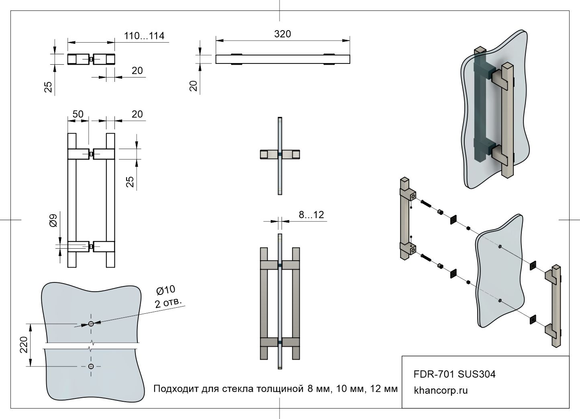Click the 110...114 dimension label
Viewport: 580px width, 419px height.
pos(144,36)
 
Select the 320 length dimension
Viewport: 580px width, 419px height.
pos(282,34)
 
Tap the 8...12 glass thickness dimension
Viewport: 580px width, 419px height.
pos(311,215)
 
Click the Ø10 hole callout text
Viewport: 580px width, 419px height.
pos(165,290)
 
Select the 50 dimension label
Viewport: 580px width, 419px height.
pos(78,114)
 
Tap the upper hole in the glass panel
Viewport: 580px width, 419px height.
pos(91,324)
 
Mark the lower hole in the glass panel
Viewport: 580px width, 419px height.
pos(91,366)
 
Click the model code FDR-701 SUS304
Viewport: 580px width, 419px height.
pos(454,374)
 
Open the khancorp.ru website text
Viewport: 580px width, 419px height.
pos(441,390)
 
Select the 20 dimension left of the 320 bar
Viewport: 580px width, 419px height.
pos(194,86)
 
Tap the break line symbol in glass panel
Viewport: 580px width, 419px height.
pos(92,345)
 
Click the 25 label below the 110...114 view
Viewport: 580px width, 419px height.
pos(48,87)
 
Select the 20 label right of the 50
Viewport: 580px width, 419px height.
pos(137,114)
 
